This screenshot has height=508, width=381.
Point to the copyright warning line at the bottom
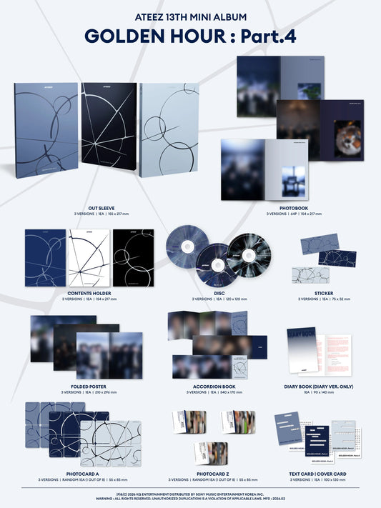tap(190, 497)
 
